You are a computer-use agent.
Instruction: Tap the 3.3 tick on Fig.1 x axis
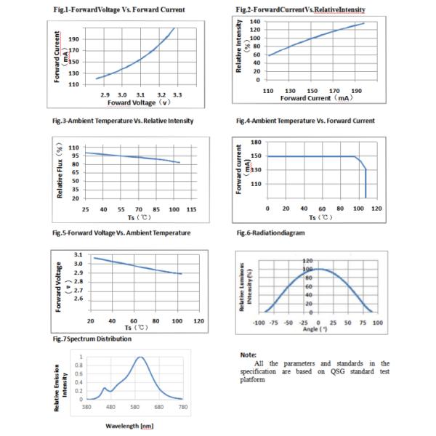coord(177,95)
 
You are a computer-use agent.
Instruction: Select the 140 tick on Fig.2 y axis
coord(255,22)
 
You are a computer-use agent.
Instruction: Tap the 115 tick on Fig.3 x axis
coord(192,210)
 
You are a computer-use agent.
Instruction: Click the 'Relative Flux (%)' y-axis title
coord(60,171)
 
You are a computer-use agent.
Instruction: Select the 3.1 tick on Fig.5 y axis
coord(78,254)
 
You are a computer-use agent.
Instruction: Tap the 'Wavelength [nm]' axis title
coord(129,425)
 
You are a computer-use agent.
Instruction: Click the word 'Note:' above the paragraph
coord(249,354)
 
